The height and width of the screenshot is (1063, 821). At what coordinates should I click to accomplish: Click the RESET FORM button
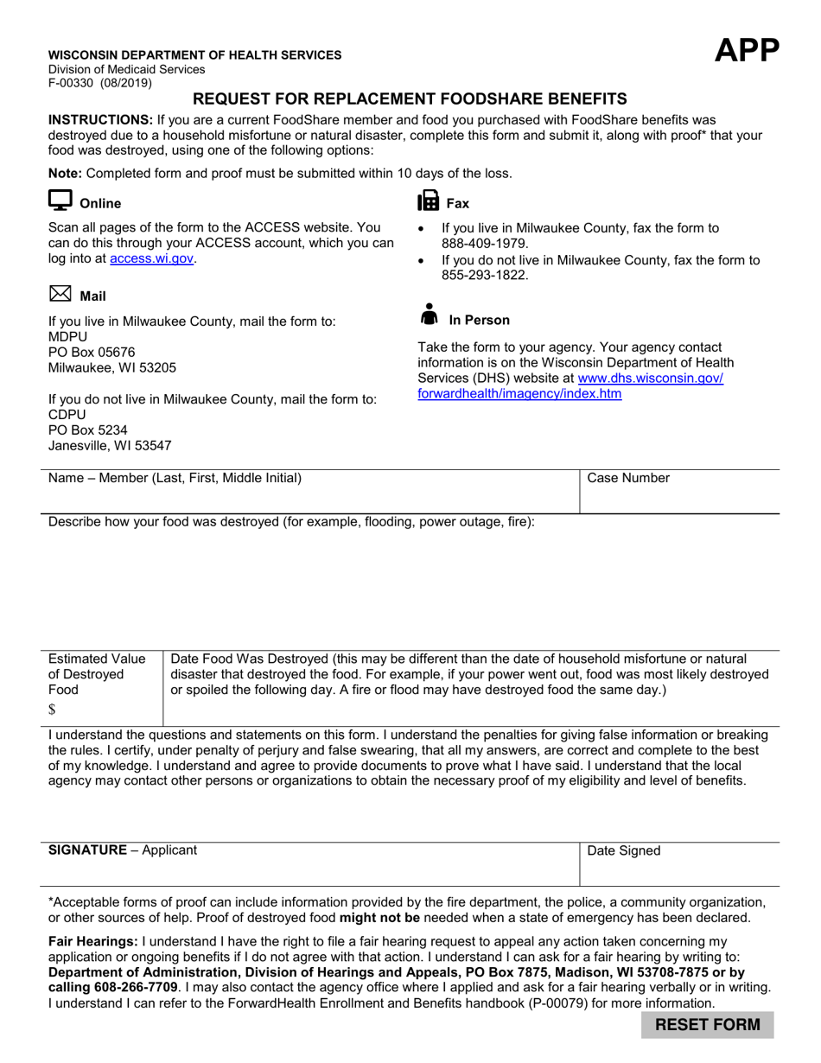pos(708,1025)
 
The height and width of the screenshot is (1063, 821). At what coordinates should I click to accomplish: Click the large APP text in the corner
pos(747,52)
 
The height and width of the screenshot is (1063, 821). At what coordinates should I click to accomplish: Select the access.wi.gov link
pos(151,258)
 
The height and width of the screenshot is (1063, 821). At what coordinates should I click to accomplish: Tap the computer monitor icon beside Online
pos(60,201)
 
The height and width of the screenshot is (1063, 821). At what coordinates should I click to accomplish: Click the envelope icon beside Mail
pos(60,295)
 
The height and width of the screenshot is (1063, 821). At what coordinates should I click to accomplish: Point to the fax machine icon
pos(428,201)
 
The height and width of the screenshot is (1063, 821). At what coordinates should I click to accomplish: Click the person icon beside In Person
pos(429,315)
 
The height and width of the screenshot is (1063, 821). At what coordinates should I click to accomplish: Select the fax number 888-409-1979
pos(479,244)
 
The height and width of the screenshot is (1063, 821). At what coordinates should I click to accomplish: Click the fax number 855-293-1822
pos(479,276)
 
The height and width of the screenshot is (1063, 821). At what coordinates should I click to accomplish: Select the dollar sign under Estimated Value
pos(53,710)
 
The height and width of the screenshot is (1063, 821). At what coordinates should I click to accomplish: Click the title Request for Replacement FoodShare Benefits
pos(410,99)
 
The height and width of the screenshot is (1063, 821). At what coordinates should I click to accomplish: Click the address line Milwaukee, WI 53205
pos(112,367)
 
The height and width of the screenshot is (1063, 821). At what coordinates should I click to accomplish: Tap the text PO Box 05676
pos(92,352)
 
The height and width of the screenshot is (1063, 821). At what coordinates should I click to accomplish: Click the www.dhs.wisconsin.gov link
pos(650,379)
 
